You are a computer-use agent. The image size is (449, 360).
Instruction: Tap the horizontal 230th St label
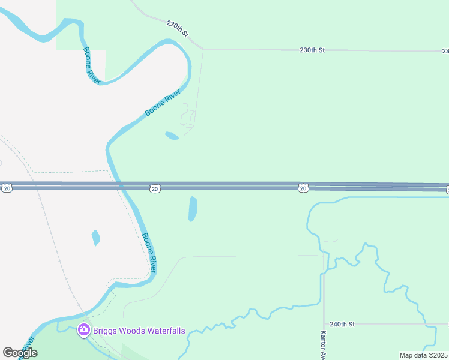tap(312, 50)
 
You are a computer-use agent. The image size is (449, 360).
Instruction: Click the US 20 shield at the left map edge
tap(7, 188)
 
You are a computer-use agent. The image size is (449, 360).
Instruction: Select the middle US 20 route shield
tap(155, 188)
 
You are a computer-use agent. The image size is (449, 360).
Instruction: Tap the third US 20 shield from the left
tap(303, 188)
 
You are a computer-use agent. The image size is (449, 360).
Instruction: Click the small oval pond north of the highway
tap(172, 136)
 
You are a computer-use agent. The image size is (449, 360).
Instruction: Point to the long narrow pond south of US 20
tap(193, 209)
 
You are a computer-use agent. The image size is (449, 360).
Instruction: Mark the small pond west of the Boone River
tap(95, 238)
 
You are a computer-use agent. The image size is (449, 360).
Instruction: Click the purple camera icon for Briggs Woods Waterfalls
tap(84, 330)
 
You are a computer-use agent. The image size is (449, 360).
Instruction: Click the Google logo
tap(20, 353)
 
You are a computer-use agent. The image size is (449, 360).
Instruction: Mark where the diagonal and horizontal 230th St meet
tap(203, 49)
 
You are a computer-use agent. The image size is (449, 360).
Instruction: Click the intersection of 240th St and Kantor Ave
tap(324, 324)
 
